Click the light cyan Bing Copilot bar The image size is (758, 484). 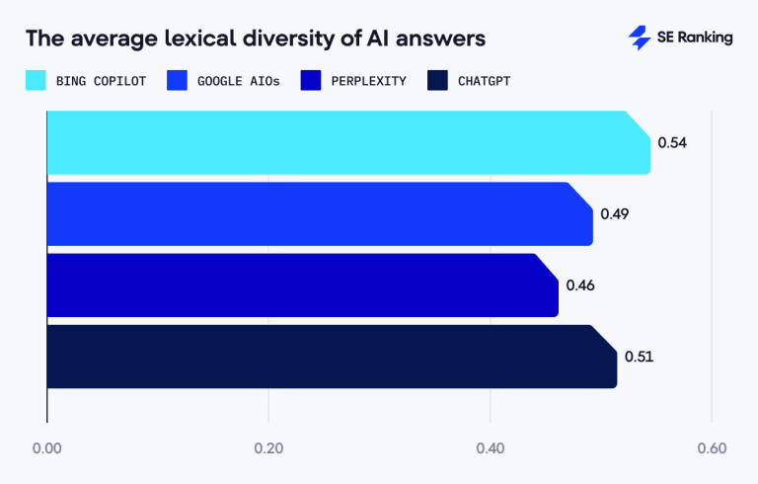(345, 142)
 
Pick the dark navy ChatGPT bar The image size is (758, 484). (331, 356)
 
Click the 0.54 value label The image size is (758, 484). (672, 142)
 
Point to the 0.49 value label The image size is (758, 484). (614, 213)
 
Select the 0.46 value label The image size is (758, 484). (580, 285)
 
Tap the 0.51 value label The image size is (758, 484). (639, 357)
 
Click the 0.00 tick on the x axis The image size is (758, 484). (47, 448)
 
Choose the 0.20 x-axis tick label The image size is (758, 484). (268, 448)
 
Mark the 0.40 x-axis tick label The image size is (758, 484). (490, 448)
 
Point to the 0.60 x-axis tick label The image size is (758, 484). (711, 448)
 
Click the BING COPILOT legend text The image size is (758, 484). (102, 81)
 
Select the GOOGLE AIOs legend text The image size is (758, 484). (237, 81)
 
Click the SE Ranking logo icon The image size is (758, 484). (640, 38)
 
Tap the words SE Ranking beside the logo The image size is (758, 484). (695, 38)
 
